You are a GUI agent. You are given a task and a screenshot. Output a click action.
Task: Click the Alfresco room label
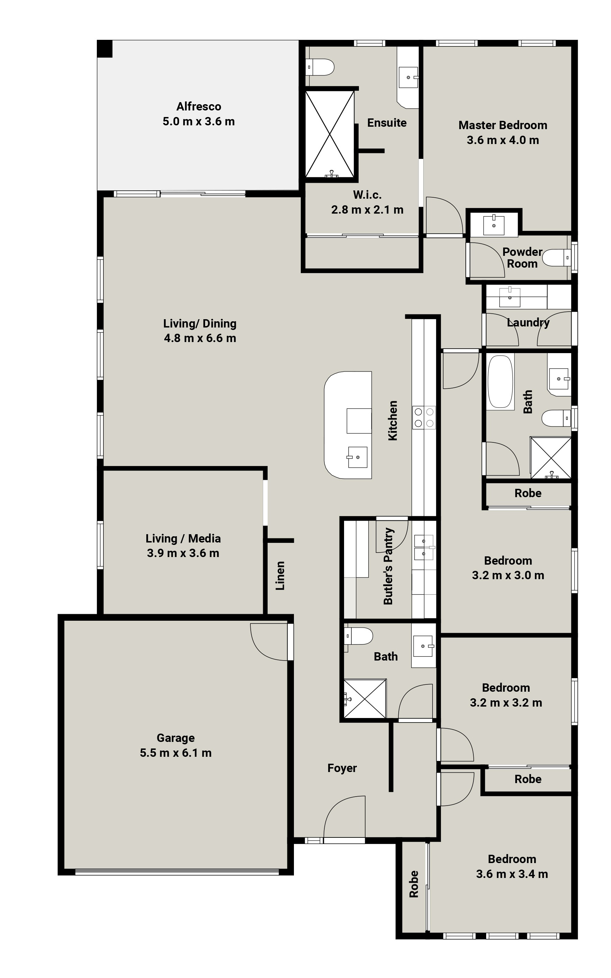[199, 107]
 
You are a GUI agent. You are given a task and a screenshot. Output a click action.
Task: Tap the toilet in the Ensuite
[320, 67]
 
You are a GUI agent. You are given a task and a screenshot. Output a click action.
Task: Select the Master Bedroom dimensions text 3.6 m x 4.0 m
[503, 140]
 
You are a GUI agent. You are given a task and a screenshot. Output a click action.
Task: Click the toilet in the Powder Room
[556, 258]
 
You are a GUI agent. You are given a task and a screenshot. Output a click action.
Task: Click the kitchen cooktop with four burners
[424, 418]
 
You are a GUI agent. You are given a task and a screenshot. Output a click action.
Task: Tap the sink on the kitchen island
[358, 457]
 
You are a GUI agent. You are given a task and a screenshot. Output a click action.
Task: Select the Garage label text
[176, 738]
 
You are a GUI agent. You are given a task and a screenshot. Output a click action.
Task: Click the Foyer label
[342, 768]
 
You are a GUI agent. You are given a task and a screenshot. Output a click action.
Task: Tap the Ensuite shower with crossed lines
[330, 134]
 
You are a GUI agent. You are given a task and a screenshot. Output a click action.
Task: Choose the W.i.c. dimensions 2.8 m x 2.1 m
[367, 210]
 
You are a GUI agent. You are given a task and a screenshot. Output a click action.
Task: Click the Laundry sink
[510, 297]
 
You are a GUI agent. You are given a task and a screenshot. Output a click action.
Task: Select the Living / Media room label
[183, 538]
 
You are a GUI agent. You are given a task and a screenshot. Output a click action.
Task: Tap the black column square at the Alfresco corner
[105, 48]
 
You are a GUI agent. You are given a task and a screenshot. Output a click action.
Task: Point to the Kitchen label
[393, 420]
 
